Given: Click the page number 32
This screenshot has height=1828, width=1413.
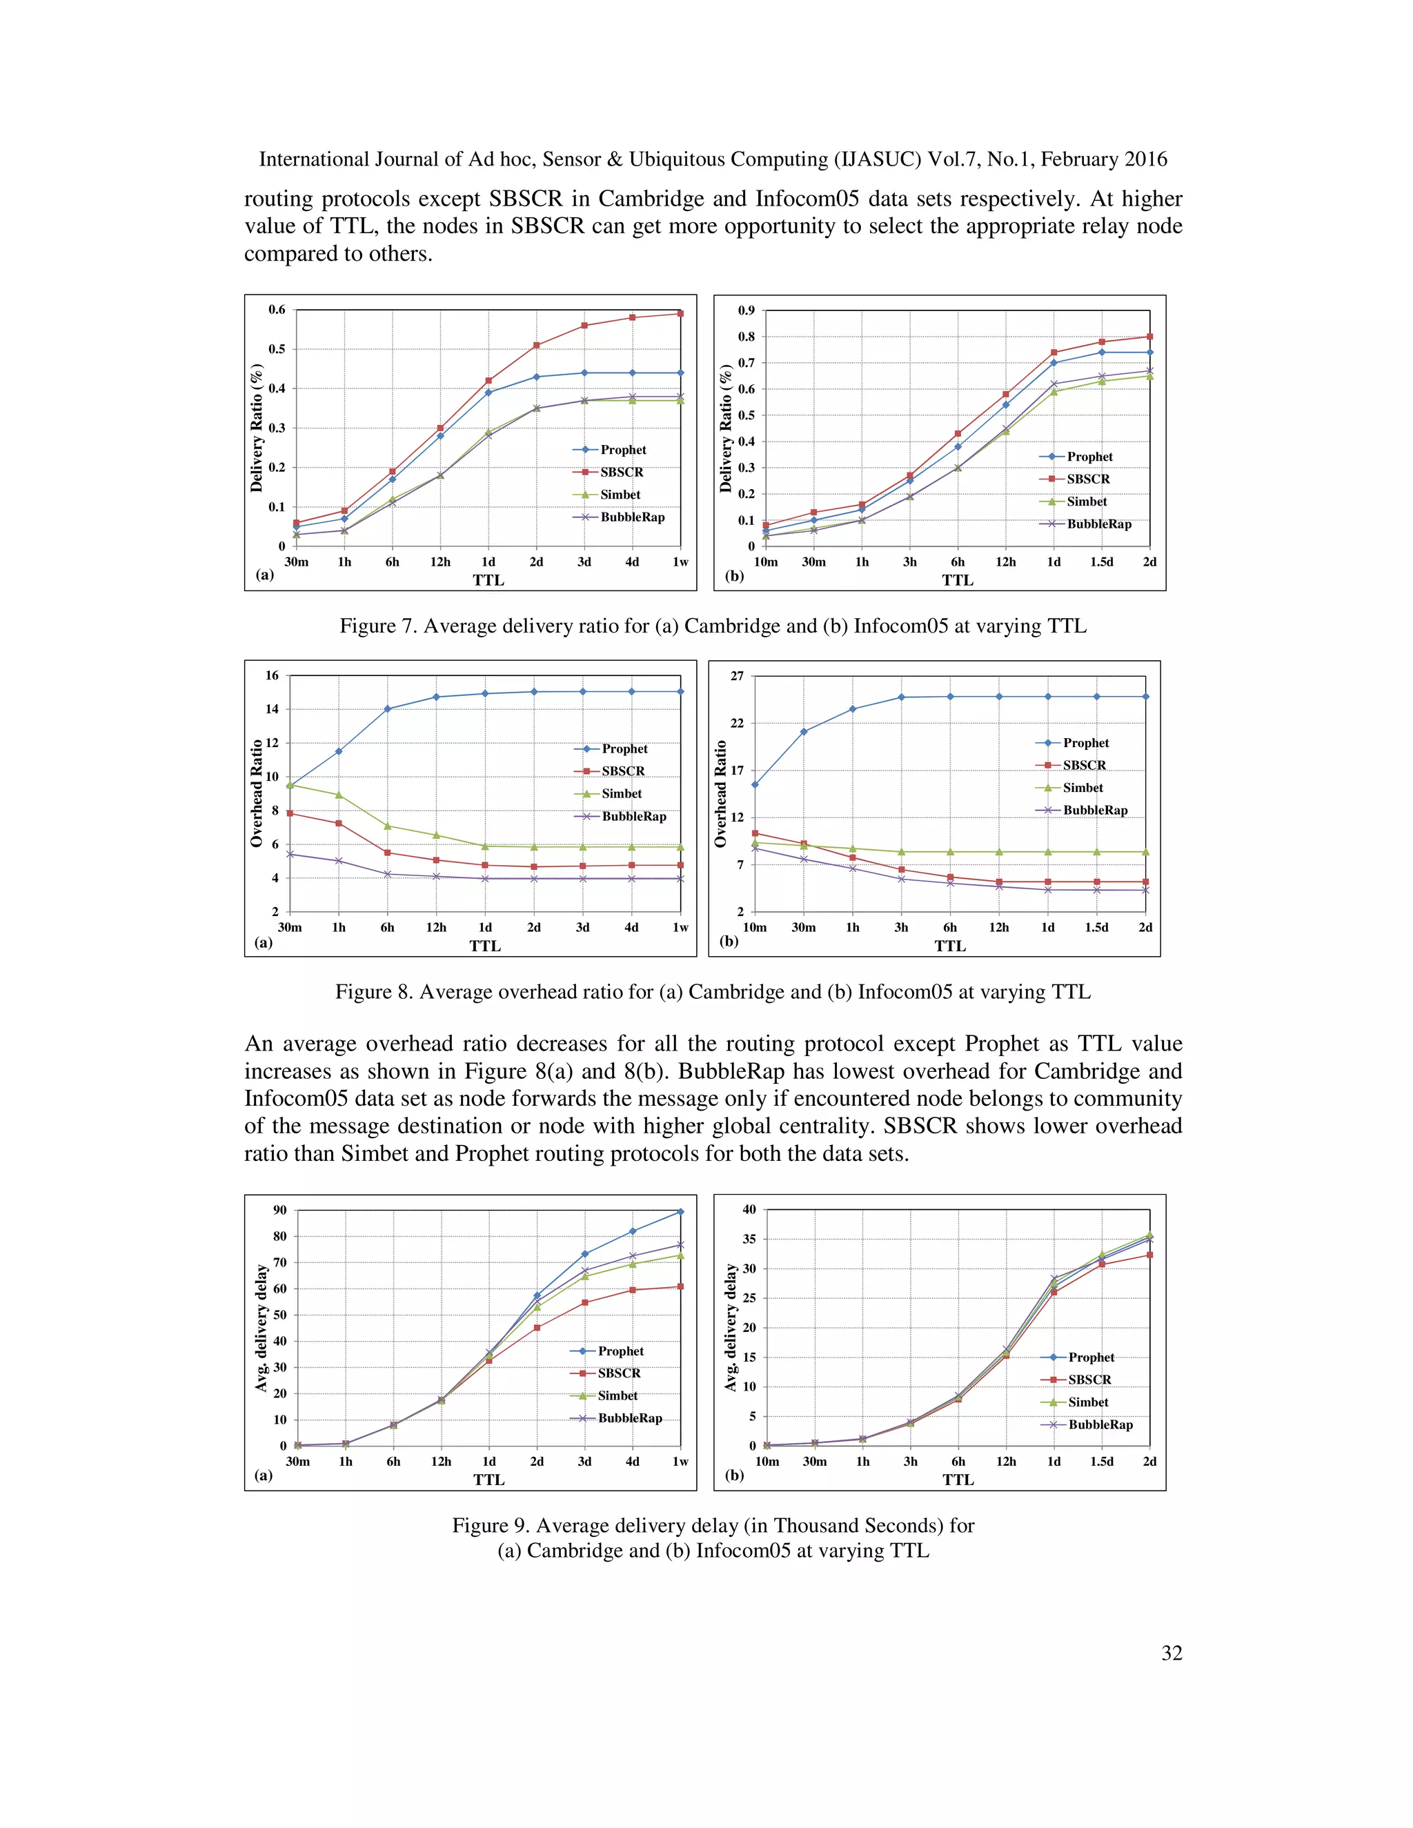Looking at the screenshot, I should tap(1171, 1652).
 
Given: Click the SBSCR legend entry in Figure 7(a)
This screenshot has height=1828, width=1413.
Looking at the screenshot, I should tap(621, 472).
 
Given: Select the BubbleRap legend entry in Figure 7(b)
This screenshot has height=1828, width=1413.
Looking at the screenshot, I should tap(1098, 524).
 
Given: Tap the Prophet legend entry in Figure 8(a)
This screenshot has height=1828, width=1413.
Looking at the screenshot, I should tap(624, 748).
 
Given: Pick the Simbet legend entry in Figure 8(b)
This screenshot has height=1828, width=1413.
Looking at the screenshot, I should tap(1083, 788).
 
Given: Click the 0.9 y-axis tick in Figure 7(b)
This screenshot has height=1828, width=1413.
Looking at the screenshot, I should tap(746, 310).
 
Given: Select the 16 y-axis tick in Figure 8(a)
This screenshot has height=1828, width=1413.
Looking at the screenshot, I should tap(272, 675).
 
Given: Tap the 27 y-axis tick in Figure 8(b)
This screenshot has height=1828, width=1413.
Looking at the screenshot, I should tap(737, 676).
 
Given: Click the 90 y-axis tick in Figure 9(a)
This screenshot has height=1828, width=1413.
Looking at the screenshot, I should tap(279, 1211).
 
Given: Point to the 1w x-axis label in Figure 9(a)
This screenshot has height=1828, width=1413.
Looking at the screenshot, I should tap(680, 1462).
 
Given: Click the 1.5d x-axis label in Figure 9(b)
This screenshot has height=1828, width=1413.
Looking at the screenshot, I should tap(1102, 1462).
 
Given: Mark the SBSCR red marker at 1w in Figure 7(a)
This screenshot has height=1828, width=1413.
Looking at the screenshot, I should tap(680, 314).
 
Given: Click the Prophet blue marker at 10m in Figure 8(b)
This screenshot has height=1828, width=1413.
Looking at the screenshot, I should tap(755, 784).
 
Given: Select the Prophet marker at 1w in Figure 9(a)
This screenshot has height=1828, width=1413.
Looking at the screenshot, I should tap(680, 1211).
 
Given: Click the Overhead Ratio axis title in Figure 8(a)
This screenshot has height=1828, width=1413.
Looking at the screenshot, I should tap(256, 793).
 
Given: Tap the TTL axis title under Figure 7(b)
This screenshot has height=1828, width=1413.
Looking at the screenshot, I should tap(958, 580).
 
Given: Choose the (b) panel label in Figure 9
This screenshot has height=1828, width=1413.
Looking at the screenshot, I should tap(734, 1475).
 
